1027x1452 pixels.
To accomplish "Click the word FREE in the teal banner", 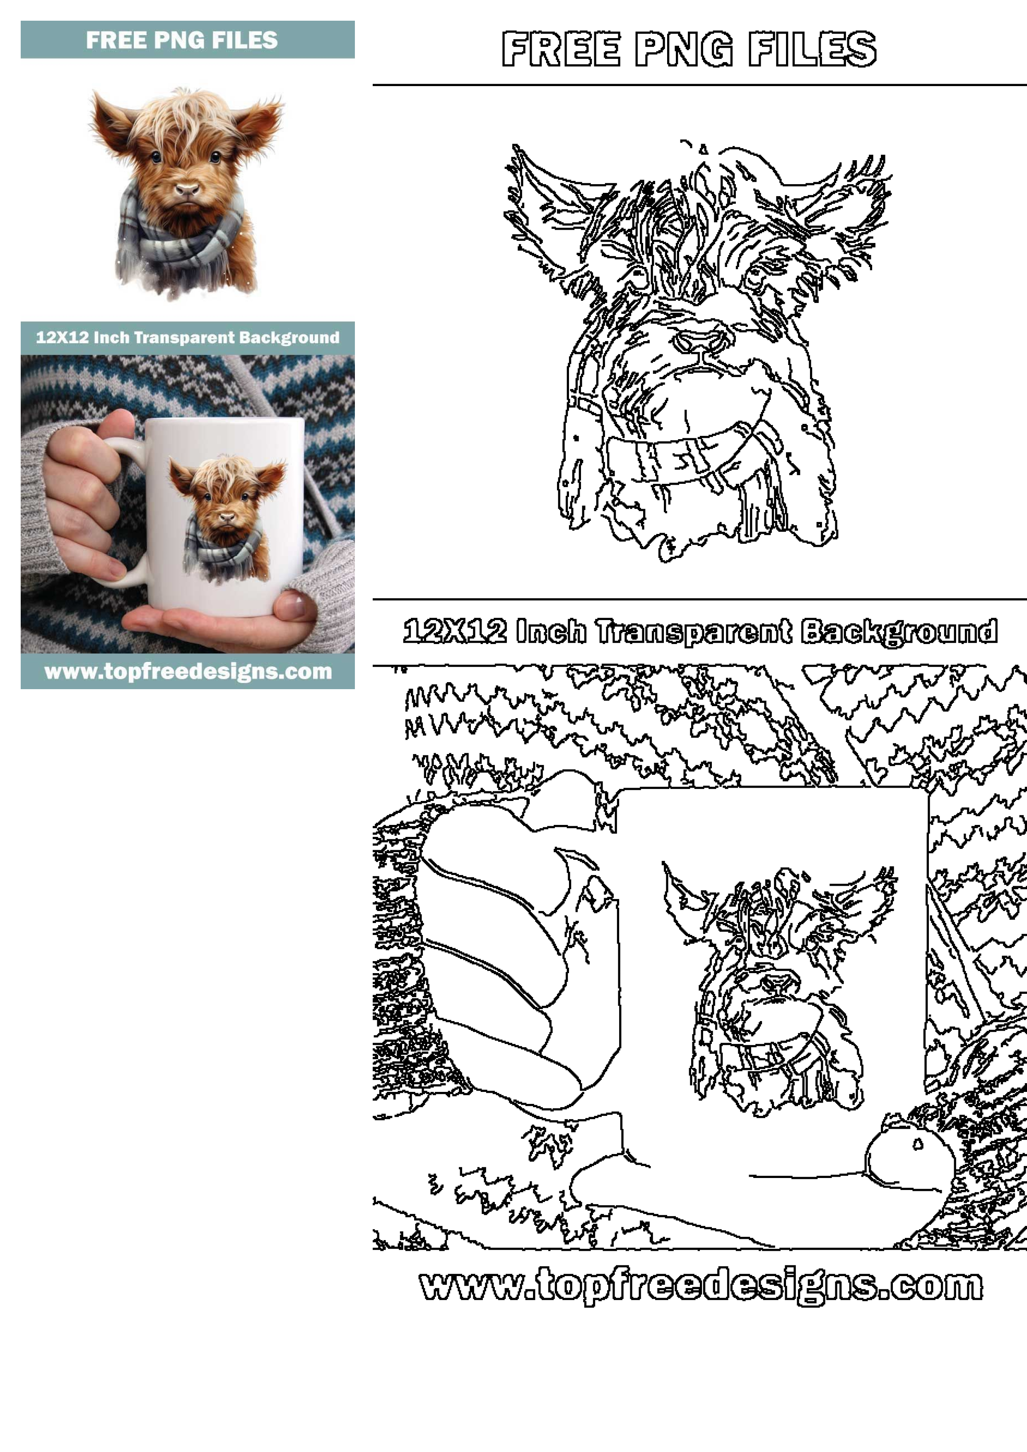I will point(115,40).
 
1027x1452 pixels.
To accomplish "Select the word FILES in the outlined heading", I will point(812,49).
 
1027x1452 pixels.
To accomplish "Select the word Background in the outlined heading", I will point(899,632).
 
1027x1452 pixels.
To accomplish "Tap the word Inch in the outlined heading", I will point(550,632).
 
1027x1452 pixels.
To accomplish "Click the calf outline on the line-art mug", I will point(778,986).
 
